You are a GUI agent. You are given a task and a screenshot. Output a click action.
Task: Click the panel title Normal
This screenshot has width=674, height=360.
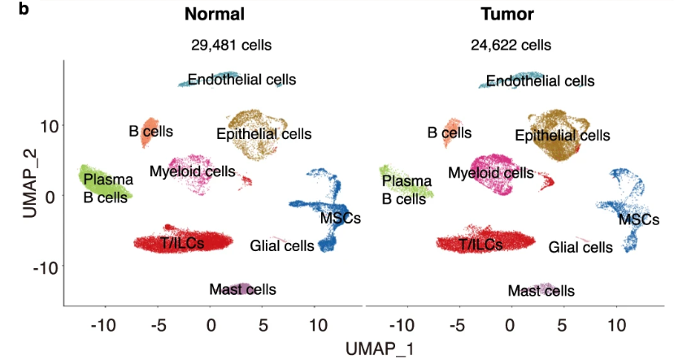(x=215, y=15)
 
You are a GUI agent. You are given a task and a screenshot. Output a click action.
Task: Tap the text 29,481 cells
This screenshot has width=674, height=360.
(x=229, y=46)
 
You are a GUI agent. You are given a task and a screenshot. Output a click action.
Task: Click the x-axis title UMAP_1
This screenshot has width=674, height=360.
(x=380, y=349)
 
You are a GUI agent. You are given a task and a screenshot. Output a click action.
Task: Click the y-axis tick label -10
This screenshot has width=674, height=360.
(x=41, y=266)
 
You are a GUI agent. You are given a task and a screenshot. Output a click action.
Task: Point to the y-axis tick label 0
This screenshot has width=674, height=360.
(x=50, y=196)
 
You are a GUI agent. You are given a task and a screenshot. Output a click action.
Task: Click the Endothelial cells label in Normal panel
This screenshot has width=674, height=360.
(x=241, y=80)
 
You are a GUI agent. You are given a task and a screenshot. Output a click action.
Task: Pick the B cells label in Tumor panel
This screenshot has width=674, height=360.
(x=450, y=132)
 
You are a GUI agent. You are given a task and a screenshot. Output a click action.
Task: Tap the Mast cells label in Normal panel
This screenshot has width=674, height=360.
(x=242, y=289)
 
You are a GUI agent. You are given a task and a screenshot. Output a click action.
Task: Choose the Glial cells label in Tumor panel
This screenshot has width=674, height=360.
(x=581, y=247)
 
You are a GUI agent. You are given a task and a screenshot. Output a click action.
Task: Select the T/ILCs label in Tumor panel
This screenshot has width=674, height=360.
(x=480, y=243)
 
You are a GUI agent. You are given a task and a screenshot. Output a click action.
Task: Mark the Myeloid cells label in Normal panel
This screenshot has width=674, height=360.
(x=192, y=171)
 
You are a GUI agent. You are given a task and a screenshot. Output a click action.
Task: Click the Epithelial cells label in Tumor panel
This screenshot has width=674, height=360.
(x=563, y=135)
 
